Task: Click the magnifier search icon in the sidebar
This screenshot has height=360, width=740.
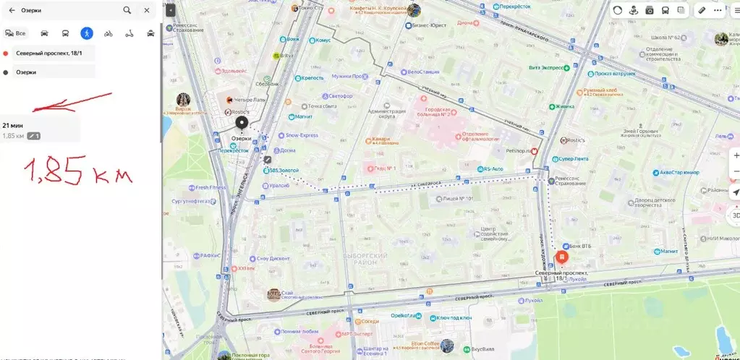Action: tap(127, 10)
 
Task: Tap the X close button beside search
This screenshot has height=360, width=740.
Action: tap(147, 10)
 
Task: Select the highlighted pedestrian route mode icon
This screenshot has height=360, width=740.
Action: tap(87, 33)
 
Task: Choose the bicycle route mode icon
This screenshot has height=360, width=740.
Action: tap(109, 33)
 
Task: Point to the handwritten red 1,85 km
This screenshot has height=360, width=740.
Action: tap(78, 172)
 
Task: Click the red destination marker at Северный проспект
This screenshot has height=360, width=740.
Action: tap(561, 257)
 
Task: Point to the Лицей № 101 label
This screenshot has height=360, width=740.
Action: tap(457, 197)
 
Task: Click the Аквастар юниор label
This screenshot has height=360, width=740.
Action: tap(680, 173)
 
